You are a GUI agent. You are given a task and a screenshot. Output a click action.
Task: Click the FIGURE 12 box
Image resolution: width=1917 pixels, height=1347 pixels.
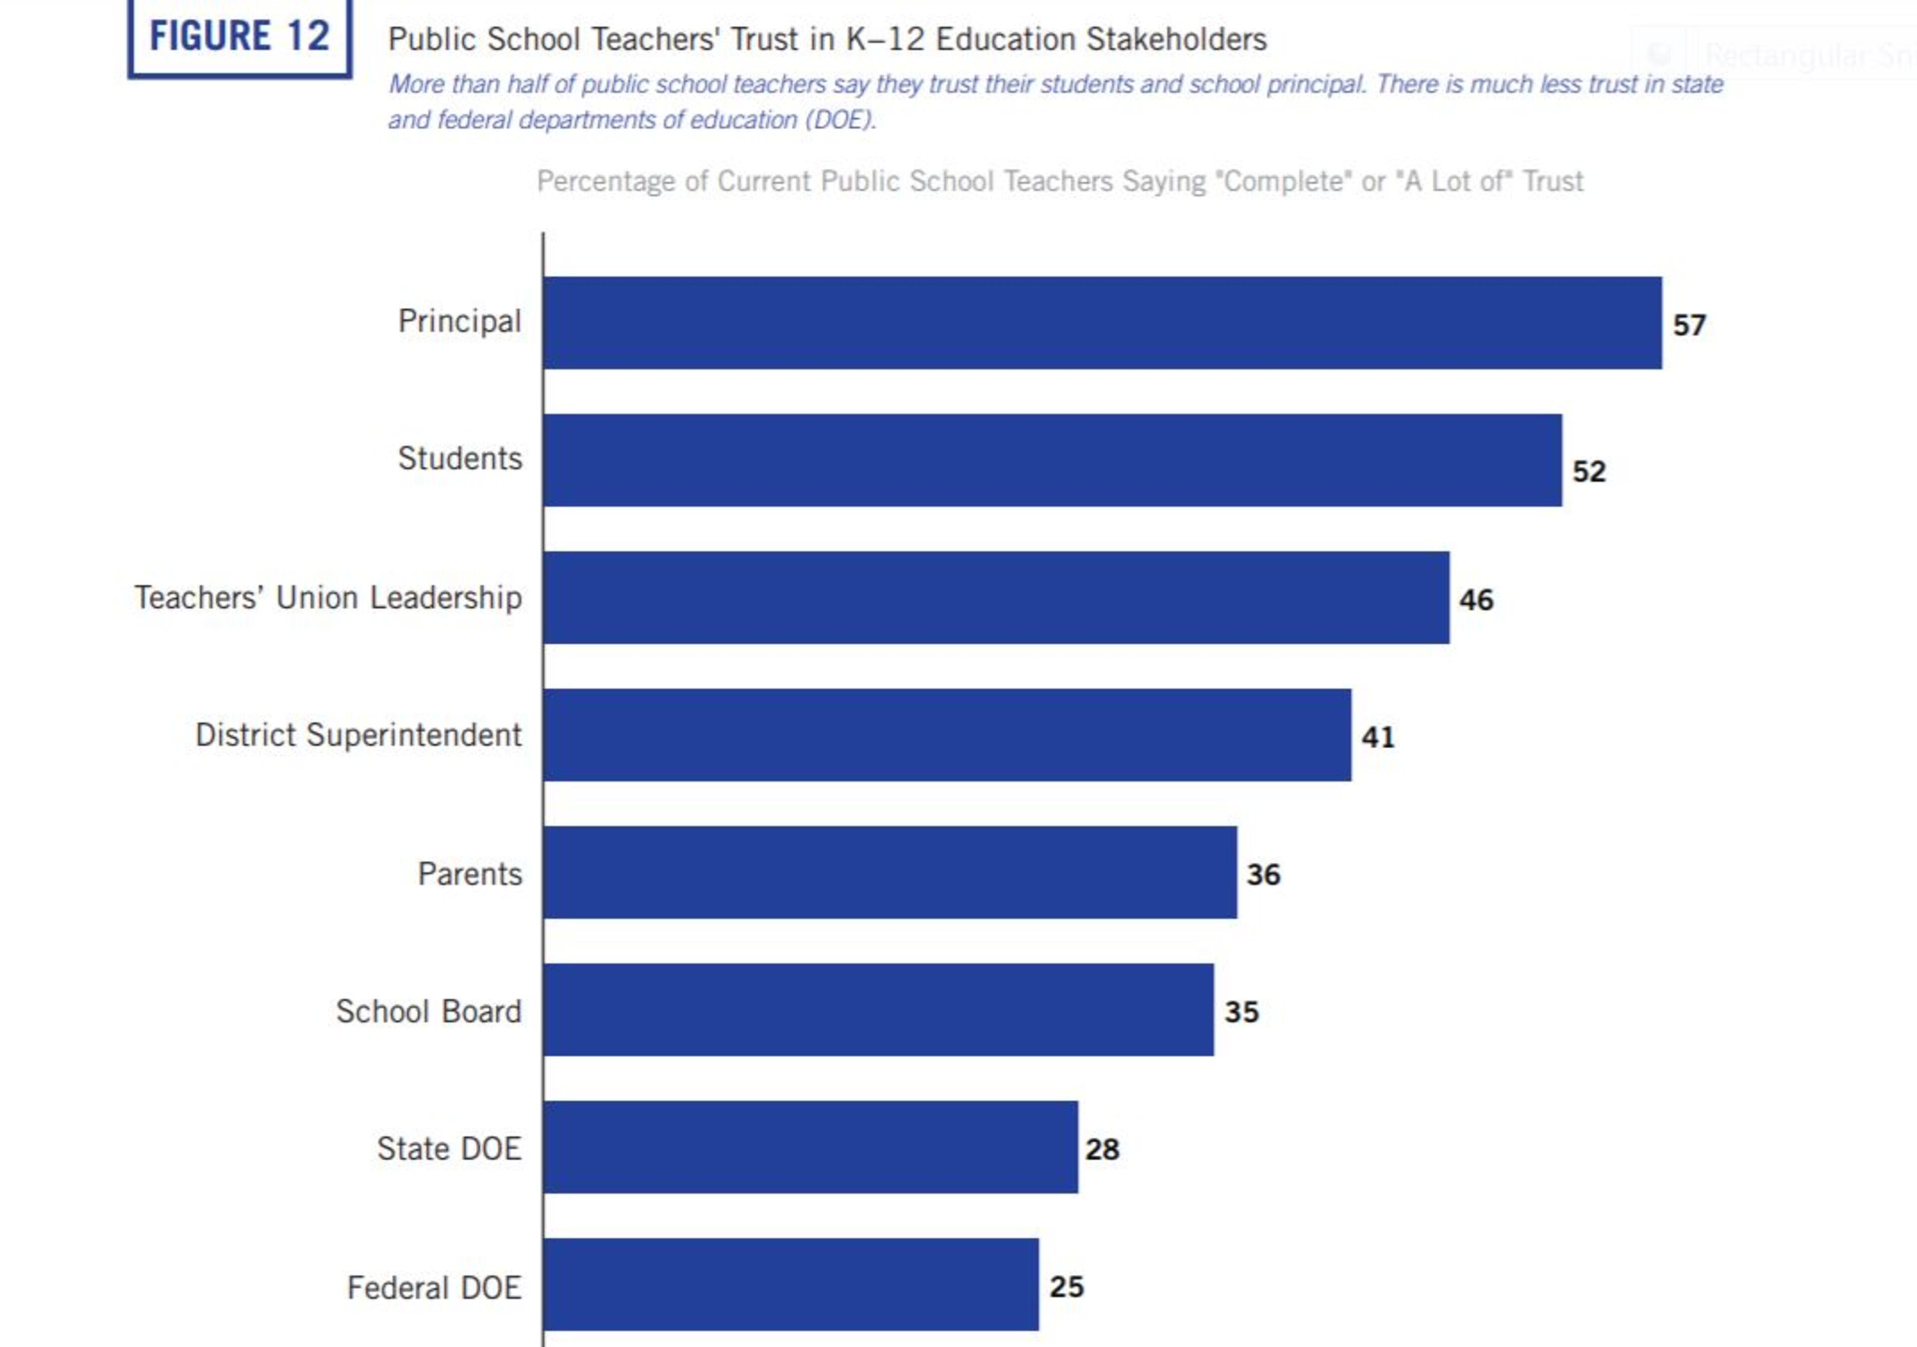[x=240, y=37]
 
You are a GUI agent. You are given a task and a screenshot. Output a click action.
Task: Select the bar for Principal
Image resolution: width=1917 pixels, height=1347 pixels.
[x=1102, y=323]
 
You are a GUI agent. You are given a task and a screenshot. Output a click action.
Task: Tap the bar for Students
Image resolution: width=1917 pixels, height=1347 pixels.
[x=1052, y=460]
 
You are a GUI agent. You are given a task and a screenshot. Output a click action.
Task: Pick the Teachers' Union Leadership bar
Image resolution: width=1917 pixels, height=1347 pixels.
[x=996, y=598]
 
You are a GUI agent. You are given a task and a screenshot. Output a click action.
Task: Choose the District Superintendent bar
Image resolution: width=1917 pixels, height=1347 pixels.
[x=947, y=735]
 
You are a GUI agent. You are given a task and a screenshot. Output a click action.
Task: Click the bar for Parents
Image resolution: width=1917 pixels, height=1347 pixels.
[x=890, y=873]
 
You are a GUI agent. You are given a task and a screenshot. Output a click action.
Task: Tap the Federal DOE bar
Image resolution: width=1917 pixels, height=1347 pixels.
[x=791, y=1285]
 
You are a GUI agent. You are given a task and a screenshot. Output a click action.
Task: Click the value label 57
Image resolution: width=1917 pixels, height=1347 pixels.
[x=1689, y=325]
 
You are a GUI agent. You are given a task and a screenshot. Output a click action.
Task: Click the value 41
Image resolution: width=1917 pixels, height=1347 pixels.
[x=1378, y=737]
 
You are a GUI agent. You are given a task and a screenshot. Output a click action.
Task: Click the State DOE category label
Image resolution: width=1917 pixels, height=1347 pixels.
[x=449, y=1149]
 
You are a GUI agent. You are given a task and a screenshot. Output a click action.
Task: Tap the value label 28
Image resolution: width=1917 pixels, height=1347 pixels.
[x=1102, y=1150]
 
